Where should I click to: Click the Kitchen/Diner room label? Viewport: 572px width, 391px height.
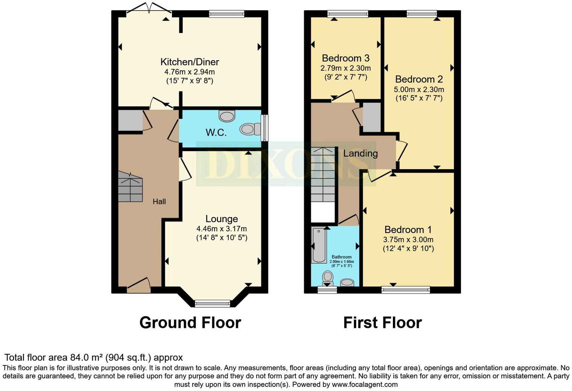pyautogui.click(x=190, y=62)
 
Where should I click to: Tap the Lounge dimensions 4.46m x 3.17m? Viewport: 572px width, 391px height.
pyautogui.click(x=222, y=229)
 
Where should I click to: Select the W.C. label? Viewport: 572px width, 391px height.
pyautogui.click(x=216, y=132)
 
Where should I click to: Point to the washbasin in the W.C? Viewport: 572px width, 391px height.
pyautogui.click(x=227, y=116)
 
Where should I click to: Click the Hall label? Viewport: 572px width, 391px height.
pyautogui.click(x=159, y=202)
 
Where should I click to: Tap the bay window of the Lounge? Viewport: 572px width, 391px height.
pyautogui.click(x=213, y=303)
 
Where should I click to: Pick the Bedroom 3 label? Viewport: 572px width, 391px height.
pyautogui.click(x=345, y=58)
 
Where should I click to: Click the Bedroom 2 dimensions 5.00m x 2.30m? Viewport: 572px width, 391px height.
pyautogui.click(x=419, y=89)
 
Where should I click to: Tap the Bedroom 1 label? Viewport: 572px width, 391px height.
pyautogui.click(x=408, y=230)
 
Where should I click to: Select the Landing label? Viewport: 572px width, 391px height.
pyautogui.click(x=360, y=153)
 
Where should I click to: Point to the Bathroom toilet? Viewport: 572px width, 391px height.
pyautogui.click(x=328, y=278)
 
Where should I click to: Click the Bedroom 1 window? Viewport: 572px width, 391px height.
pyautogui.click(x=405, y=289)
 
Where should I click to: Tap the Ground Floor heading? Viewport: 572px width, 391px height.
pyautogui.click(x=190, y=323)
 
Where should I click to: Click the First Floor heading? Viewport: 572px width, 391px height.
pyautogui.click(x=382, y=323)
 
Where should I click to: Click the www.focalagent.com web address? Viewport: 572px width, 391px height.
pyautogui.click(x=364, y=385)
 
